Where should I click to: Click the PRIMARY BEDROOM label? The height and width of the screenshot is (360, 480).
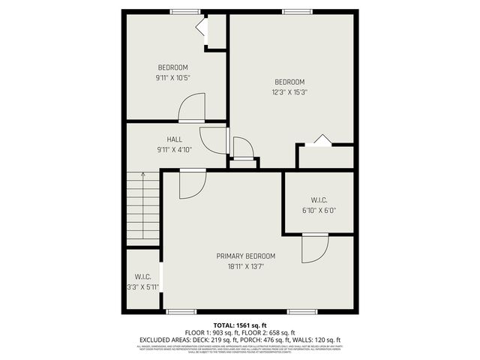(x=246, y=256)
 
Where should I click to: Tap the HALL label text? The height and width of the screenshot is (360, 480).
(x=174, y=139)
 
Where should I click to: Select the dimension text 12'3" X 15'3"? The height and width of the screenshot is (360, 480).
(x=289, y=92)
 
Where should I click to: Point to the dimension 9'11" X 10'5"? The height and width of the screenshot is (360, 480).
(x=172, y=77)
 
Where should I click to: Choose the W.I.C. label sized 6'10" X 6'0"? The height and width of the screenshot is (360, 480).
(x=319, y=200)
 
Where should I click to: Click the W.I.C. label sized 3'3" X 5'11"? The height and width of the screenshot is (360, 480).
(x=142, y=277)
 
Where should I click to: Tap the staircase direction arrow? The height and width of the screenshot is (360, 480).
(x=142, y=177)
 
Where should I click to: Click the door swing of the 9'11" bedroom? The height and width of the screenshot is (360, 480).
(x=193, y=107)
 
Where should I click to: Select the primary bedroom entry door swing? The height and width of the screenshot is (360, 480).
(x=191, y=184)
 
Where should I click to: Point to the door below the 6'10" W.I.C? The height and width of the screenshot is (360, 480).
(x=315, y=249)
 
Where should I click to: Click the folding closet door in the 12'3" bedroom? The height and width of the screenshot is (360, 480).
(x=320, y=139)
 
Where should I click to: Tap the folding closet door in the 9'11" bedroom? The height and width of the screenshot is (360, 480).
(x=201, y=28)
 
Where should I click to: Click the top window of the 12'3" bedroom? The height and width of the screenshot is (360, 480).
(x=292, y=11)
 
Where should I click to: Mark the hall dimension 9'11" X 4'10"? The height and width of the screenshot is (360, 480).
(x=174, y=149)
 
